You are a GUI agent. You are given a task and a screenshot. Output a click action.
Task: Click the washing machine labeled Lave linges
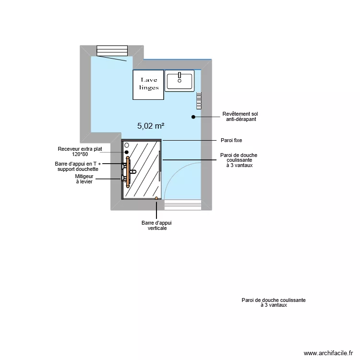[x=149, y=84]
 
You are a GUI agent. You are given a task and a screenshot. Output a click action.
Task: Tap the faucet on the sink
[x=179, y=75]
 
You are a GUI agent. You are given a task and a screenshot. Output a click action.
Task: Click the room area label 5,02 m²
[x=151, y=126]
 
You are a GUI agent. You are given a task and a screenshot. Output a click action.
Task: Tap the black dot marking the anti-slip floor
[x=193, y=117]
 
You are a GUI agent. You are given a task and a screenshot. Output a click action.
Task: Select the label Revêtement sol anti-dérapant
[x=240, y=117]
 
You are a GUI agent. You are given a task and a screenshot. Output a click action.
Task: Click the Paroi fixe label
[x=231, y=140]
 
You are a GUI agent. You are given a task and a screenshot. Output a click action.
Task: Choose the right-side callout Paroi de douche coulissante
[x=238, y=160]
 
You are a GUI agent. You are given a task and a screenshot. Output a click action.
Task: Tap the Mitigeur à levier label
[x=84, y=179]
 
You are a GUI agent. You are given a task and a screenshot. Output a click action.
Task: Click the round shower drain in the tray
[x=127, y=152]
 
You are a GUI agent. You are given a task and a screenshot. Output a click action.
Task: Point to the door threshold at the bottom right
[x=182, y=205]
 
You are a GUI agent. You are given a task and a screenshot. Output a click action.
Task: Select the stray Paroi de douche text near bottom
[x=274, y=302]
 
